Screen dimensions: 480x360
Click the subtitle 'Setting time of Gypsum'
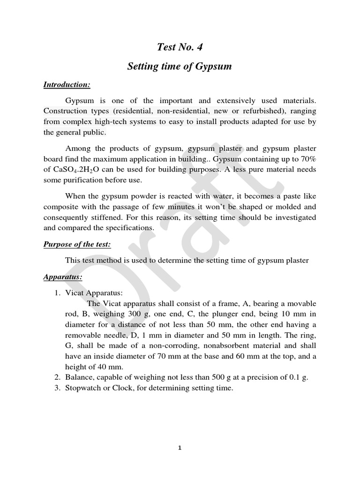[180, 67]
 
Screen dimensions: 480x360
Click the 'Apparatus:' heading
[63, 277]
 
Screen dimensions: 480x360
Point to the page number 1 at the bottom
[180, 448]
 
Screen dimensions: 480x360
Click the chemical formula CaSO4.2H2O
[75, 169]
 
